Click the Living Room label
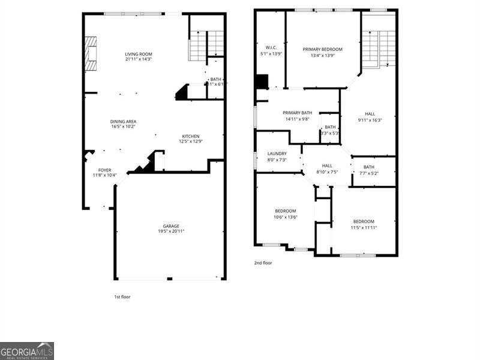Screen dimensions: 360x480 click(139, 56)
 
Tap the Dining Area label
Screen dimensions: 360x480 click(123, 124)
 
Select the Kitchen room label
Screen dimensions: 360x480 click(191, 139)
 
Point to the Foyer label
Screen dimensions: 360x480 click(104, 173)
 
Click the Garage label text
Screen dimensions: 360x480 click(171, 228)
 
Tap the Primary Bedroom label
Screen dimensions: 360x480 click(322, 52)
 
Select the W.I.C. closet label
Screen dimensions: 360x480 click(271, 50)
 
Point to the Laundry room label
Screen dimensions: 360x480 click(277, 157)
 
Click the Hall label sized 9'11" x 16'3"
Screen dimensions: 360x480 click(370, 116)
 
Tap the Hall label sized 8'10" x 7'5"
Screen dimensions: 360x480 click(327, 169)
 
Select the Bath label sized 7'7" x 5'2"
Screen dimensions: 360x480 click(368, 170)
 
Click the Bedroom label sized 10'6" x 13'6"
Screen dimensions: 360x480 click(286, 214)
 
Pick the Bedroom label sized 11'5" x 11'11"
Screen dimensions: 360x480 click(364, 224)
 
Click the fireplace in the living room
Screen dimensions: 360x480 click(90, 53)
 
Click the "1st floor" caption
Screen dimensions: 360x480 click(122, 297)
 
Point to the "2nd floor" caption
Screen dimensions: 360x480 click(263, 263)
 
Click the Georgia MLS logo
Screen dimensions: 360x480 click(27, 350)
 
